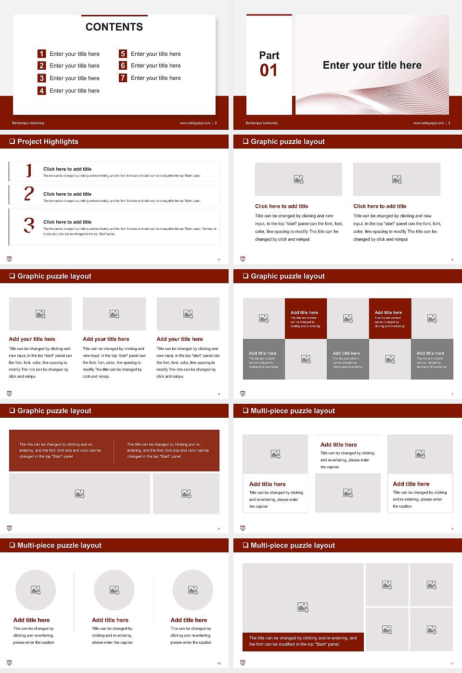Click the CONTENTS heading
point(114,27)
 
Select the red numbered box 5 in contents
point(123,54)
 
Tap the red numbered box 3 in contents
point(41,78)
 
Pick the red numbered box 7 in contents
point(123,78)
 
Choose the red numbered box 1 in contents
point(41,54)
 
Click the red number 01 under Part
point(269,71)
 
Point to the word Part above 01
point(269,55)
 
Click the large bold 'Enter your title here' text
point(372,65)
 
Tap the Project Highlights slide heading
point(48,141)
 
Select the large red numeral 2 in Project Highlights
point(29,194)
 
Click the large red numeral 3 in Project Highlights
point(29,225)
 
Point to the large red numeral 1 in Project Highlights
point(29,170)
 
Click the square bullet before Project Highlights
point(12,141)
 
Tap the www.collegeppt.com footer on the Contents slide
point(195,123)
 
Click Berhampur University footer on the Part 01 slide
point(261,123)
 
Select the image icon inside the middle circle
point(114,590)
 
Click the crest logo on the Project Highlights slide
point(9,259)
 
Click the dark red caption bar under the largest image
point(303,641)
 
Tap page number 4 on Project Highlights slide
point(219,260)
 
